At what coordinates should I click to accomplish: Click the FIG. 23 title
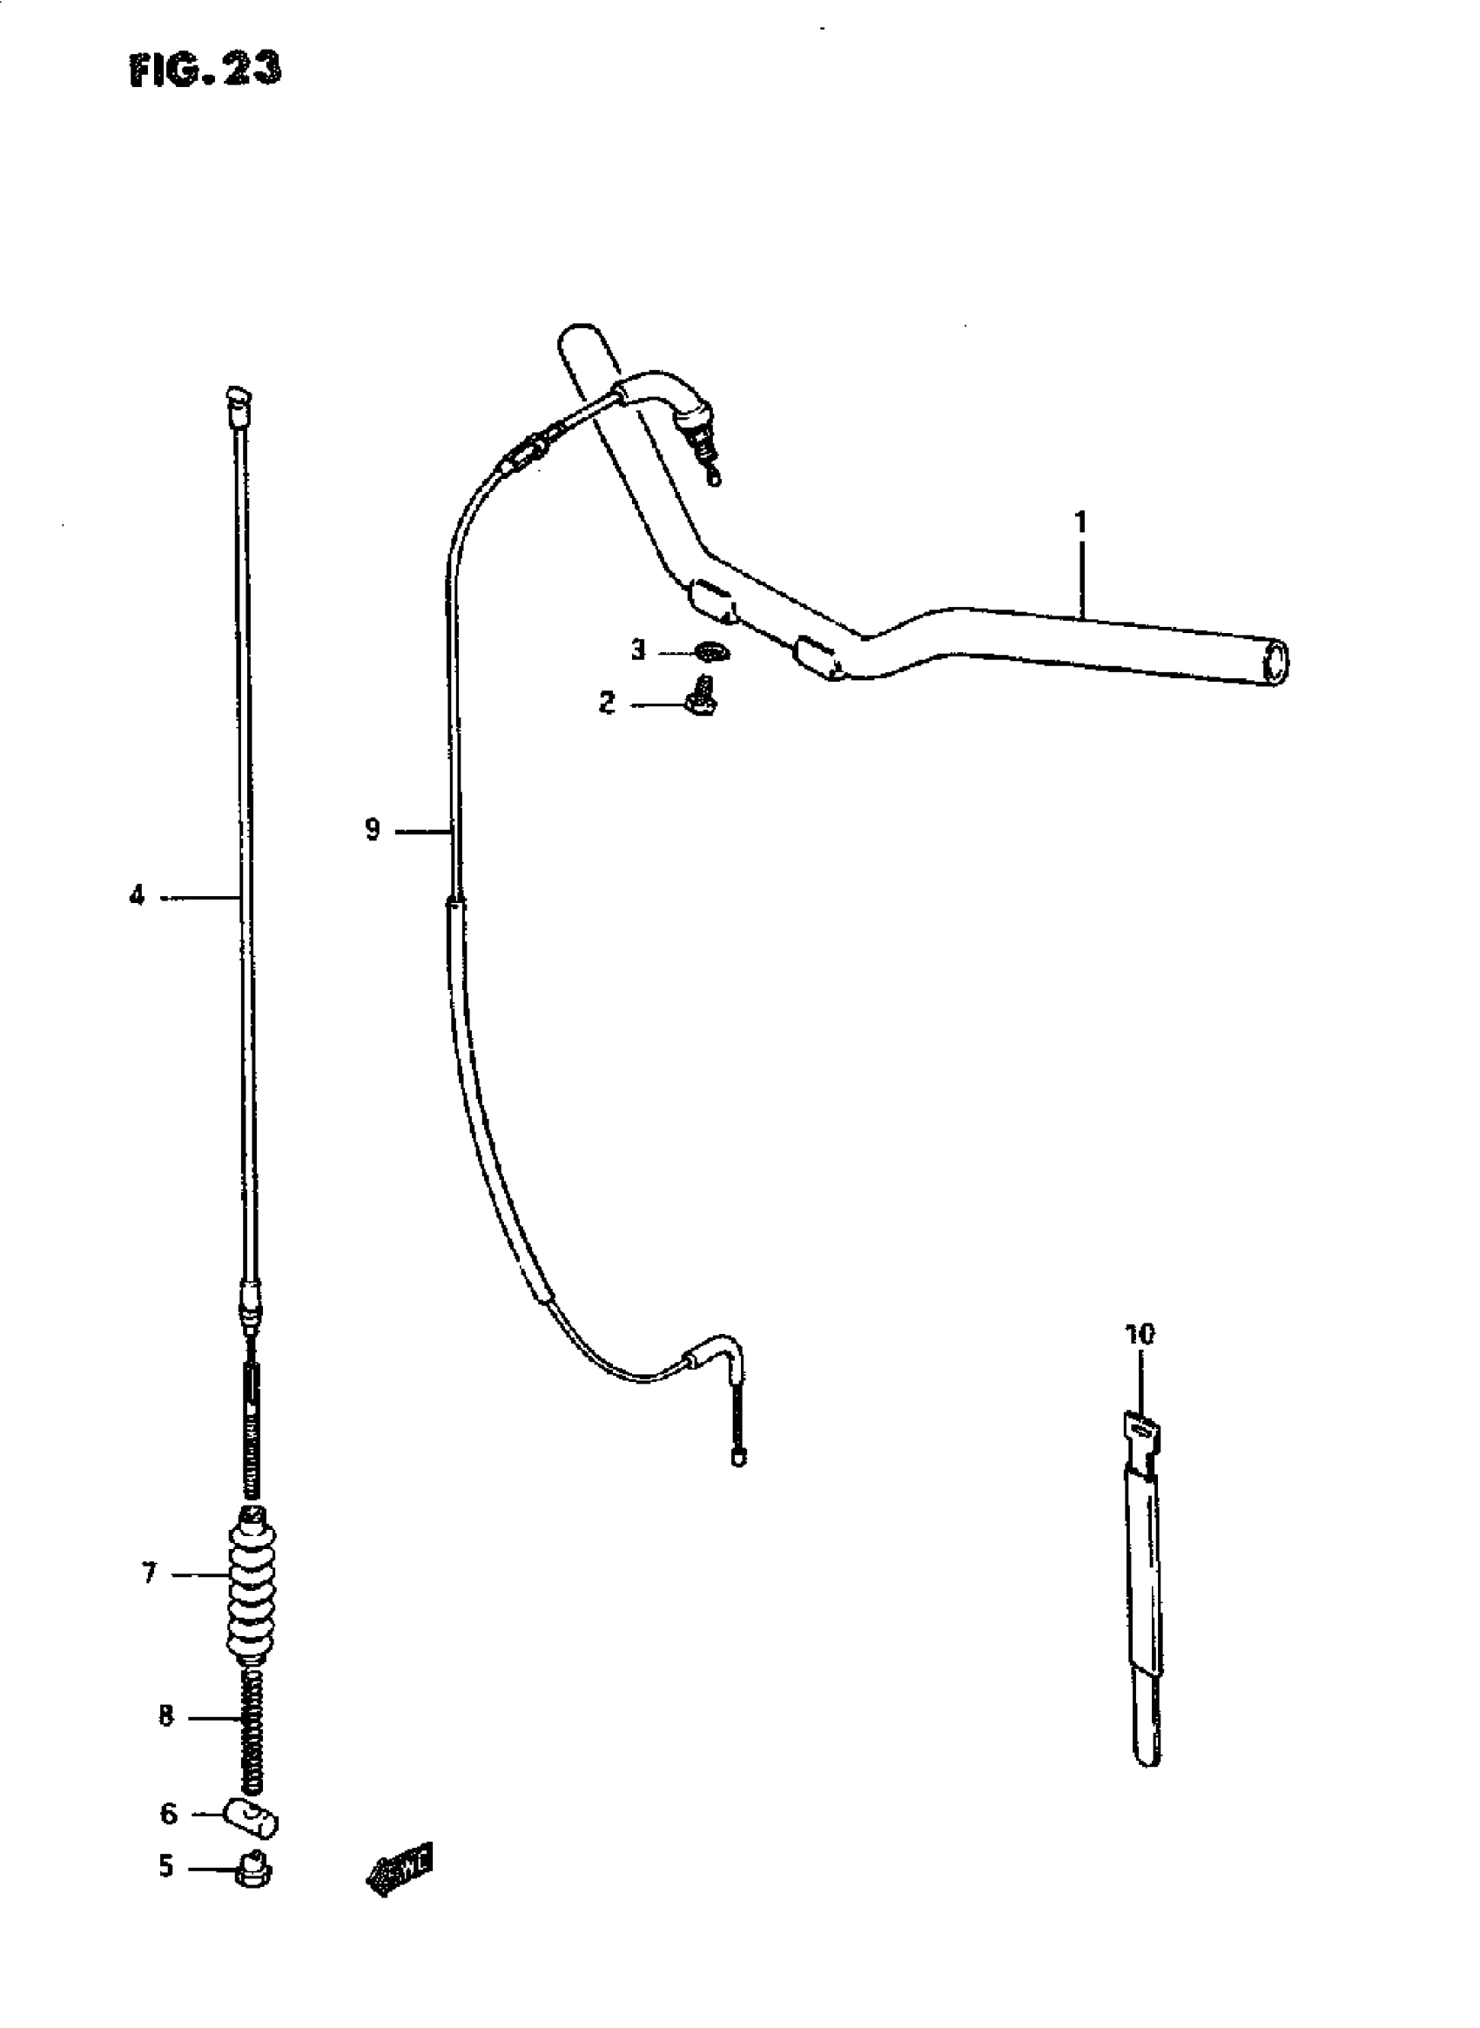coord(205,69)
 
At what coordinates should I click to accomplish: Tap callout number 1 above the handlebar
coord(1080,522)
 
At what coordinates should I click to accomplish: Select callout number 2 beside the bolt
coord(607,703)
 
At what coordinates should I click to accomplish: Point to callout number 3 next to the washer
coord(638,649)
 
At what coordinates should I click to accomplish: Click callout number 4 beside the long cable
coord(136,895)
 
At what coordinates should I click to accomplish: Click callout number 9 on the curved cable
coord(373,830)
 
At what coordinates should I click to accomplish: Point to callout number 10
coord(1140,1359)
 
